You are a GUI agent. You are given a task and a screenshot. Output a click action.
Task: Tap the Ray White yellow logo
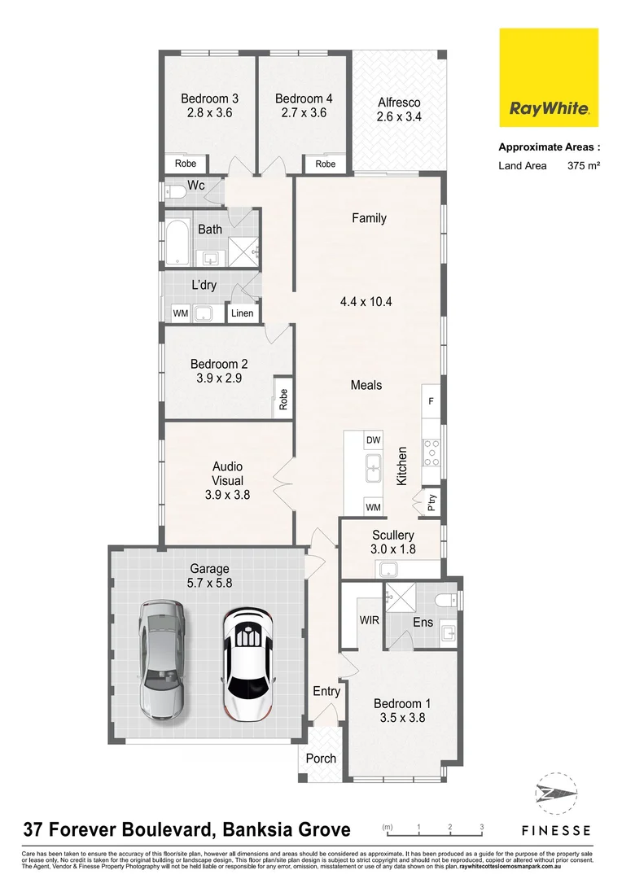coord(548,78)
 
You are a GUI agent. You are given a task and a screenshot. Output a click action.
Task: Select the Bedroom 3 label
coord(209,99)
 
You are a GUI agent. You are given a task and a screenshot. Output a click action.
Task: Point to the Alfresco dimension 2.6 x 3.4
coord(399,116)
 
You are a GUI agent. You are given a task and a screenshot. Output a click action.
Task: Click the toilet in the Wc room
coord(174,193)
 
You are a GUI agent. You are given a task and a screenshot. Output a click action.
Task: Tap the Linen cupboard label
coord(243,313)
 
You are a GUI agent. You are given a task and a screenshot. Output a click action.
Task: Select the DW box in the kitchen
coord(374,440)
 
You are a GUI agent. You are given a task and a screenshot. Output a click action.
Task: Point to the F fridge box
coord(431,402)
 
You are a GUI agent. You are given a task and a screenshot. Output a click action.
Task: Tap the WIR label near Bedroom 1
coord(370,620)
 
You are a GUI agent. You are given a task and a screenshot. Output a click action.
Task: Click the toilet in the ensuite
coord(446,601)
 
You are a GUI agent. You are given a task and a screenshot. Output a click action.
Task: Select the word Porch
coord(321,759)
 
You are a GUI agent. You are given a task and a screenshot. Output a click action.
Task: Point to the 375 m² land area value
coord(583,166)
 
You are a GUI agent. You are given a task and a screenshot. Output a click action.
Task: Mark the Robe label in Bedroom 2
coord(283,398)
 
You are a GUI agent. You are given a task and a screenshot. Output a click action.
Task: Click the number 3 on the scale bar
coord(481,827)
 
